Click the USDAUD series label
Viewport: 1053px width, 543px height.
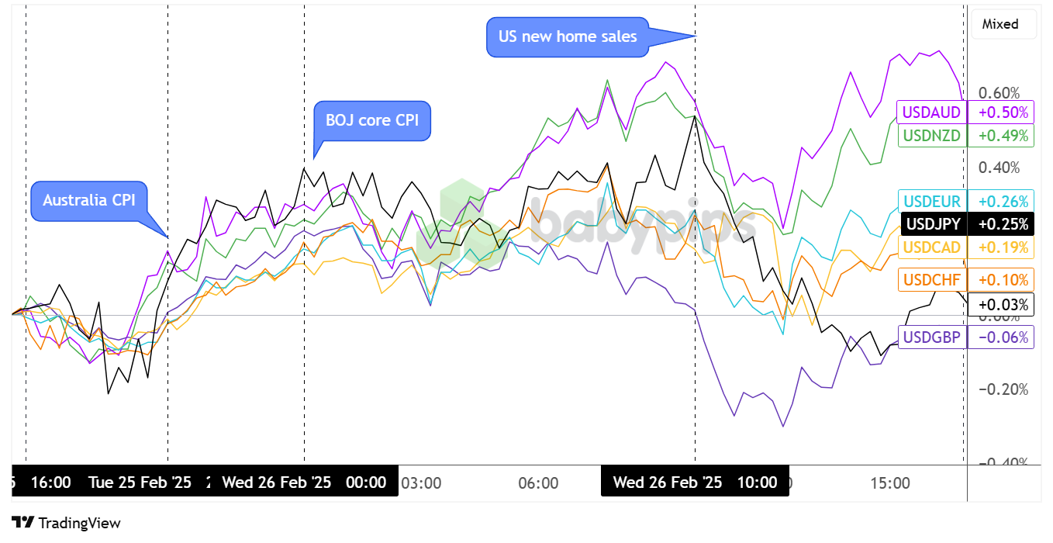coord(931,112)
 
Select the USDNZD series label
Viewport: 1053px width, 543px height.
coord(931,136)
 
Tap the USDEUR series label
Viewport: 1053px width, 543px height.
coord(931,201)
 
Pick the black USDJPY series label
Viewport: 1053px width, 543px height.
coord(933,224)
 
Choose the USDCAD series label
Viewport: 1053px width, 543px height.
coord(931,247)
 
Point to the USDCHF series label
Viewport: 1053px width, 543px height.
coord(931,279)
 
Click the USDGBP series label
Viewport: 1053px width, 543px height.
coord(932,337)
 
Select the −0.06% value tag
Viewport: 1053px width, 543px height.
coord(1001,337)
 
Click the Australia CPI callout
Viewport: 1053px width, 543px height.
coord(89,200)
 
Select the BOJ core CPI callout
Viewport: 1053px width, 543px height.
coord(372,121)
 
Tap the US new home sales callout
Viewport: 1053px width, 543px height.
coord(568,36)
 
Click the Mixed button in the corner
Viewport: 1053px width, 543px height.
coord(1000,24)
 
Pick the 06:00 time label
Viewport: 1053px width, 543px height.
coord(538,482)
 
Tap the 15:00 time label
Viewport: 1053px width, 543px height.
coord(890,482)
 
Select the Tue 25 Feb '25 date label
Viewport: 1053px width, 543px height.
coord(140,482)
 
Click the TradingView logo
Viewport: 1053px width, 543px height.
coord(67,523)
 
